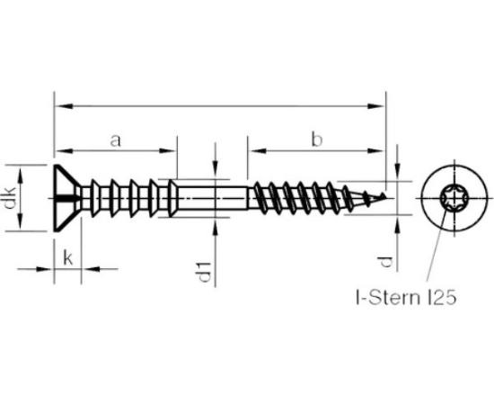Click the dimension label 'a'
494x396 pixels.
click(116, 141)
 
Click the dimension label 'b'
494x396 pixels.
click(317, 139)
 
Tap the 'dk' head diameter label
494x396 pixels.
click(11, 198)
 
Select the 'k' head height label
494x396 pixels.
click(68, 257)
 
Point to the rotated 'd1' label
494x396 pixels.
click(205, 272)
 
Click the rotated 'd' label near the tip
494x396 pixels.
click(386, 262)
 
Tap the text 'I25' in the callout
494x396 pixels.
click(442, 298)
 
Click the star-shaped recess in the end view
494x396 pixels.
click(453, 198)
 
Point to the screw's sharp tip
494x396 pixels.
click(385, 196)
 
